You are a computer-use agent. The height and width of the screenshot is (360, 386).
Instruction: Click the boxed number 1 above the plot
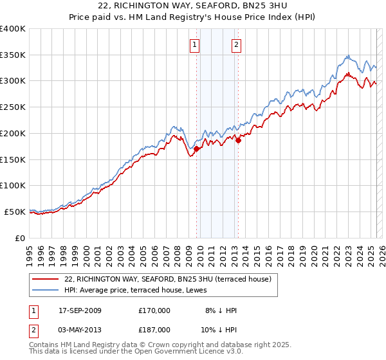pos(194,44)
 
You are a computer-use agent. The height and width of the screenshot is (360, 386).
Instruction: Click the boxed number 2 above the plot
pos(237,44)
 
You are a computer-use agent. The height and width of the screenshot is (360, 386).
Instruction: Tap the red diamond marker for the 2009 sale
pos(196,149)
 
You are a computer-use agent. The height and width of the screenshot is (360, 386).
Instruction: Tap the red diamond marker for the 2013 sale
pos(238,140)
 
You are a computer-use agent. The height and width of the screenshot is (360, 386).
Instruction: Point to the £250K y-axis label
pos(13,107)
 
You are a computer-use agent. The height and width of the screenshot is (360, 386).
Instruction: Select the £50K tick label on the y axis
pos(15,212)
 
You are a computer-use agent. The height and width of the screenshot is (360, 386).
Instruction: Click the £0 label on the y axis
pos(20,238)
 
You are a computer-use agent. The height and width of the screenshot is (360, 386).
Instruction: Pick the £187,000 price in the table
pos(154,330)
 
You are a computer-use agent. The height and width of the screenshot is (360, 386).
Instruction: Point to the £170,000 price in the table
pos(154,310)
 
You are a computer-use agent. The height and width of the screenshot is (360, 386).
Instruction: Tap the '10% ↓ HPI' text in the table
pos(219,330)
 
